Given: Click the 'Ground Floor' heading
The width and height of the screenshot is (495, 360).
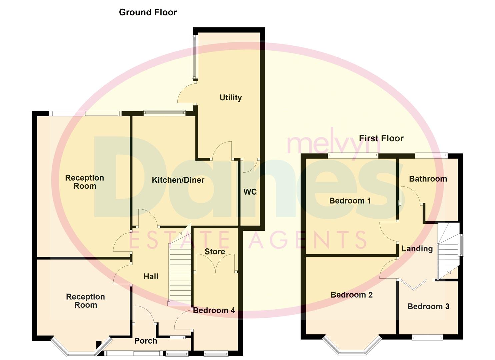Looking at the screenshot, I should click(x=148, y=12).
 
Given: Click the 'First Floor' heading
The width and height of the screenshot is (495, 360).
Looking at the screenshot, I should click(x=381, y=138).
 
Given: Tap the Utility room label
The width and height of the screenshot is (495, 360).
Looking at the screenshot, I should click(x=230, y=98).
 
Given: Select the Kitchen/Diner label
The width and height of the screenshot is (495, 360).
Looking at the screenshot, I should click(x=178, y=180).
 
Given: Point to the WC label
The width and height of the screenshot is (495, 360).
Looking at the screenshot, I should click(x=250, y=192).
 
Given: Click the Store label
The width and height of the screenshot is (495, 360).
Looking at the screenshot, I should click(x=215, y=252).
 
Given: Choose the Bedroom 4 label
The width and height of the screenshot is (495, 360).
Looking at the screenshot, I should click(x=214, y=311).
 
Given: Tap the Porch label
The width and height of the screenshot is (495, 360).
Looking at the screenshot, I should click(x=146, y=341).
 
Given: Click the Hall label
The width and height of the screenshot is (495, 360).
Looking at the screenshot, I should click(x=151, y=276).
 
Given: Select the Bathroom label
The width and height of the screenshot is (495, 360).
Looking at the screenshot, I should click(x=428, y=179).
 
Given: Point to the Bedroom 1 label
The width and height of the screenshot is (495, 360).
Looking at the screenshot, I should click(x=350, y=201).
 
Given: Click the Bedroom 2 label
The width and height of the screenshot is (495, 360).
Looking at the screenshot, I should click(x=351, y=295).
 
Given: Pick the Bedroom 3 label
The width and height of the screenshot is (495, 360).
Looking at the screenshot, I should click(x=428, y=306).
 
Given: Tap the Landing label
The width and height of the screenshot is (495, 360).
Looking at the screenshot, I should click(x=417, y=248).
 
